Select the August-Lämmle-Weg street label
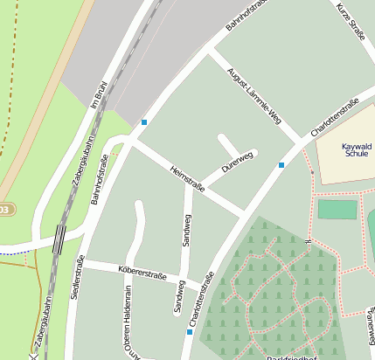254,93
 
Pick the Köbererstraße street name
142,273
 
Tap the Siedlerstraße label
77,277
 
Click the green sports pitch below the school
337,209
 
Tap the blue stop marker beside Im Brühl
144,121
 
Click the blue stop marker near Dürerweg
281,164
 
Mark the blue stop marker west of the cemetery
190,332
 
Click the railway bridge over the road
59,238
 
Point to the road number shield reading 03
5,210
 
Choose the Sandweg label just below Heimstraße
185,229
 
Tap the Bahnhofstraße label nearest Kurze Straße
247,15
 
